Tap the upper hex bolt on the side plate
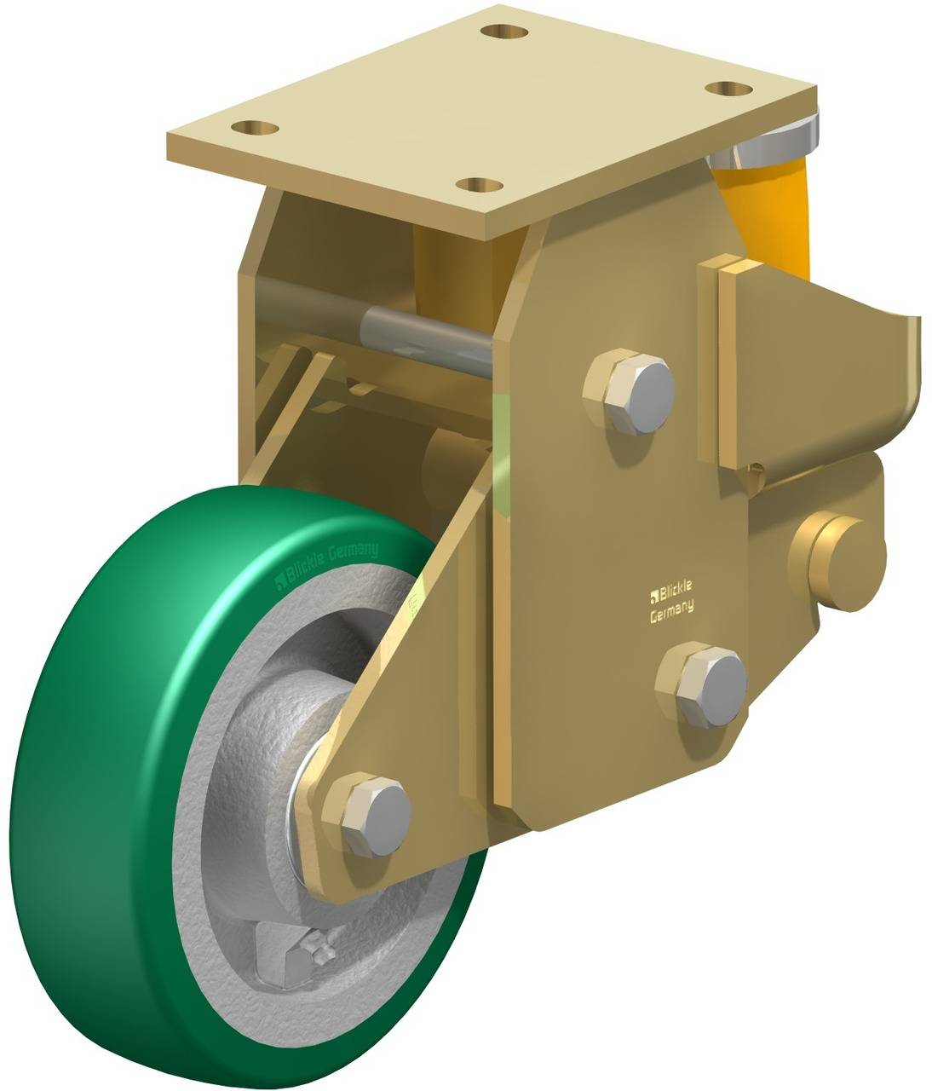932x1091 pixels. pos(631,388)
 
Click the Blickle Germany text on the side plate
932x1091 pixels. pos(671,598)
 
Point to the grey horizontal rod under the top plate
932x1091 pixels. pos(426,337)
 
